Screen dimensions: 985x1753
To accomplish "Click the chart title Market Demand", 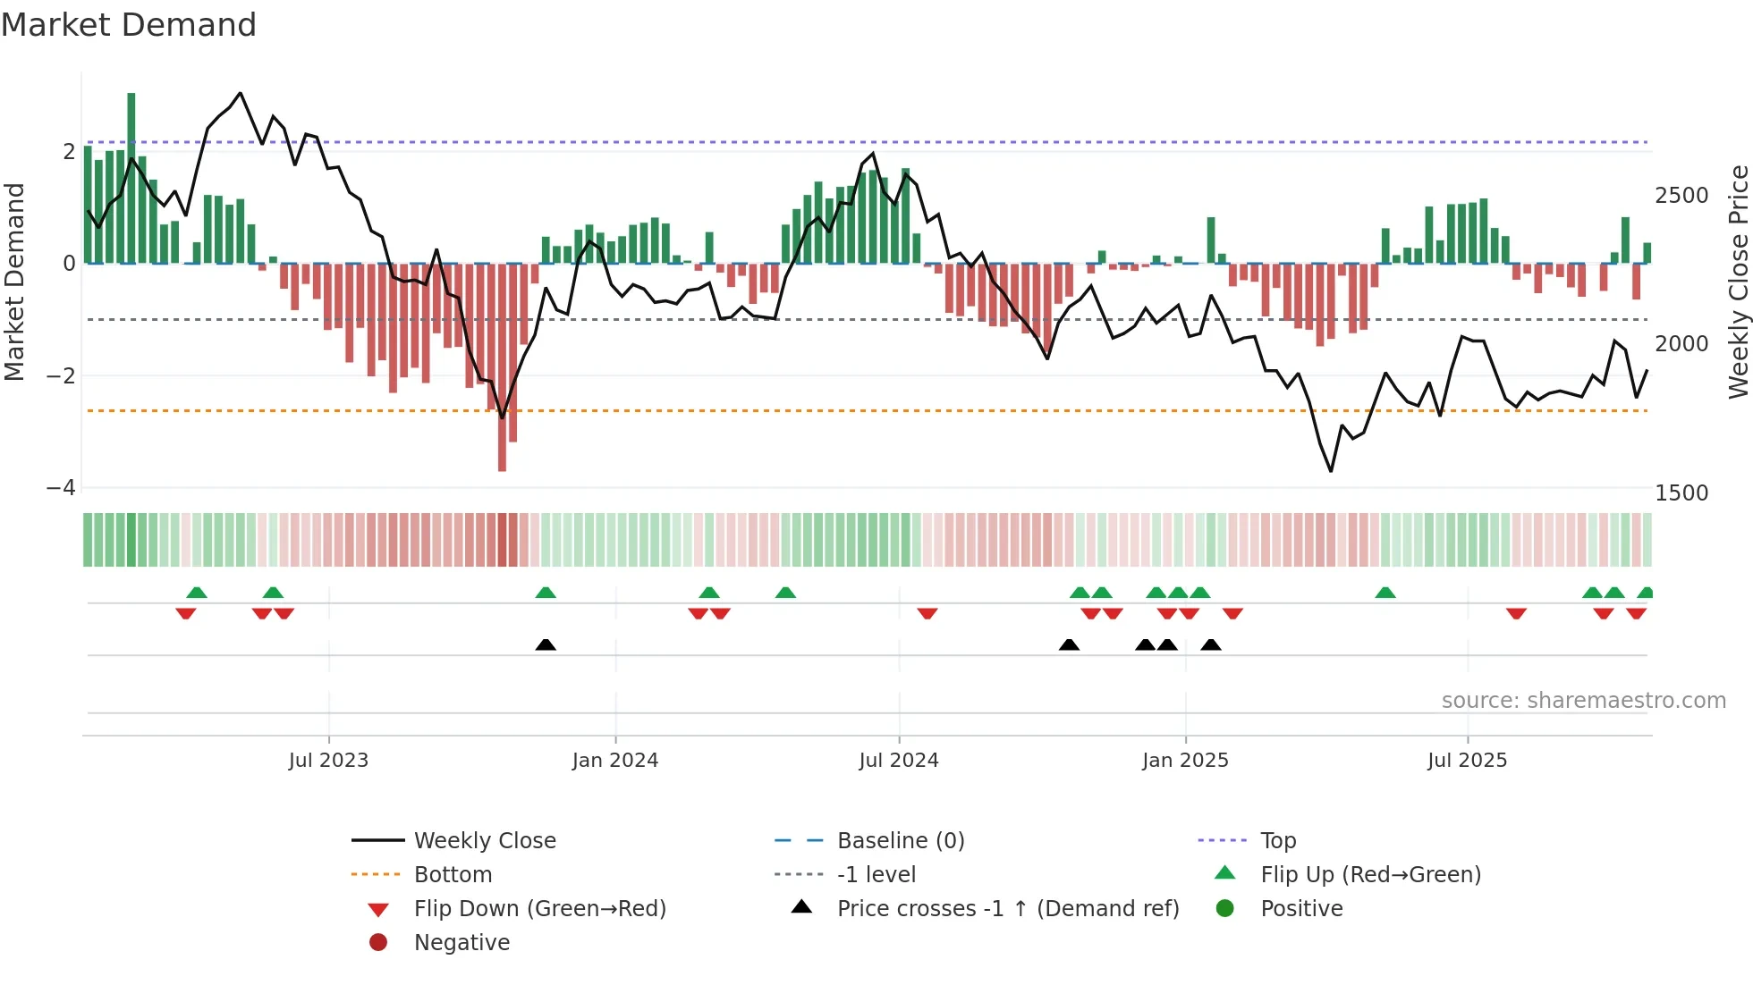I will [x=129, y=25].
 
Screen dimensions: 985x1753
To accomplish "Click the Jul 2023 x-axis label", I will [x=328, y=761].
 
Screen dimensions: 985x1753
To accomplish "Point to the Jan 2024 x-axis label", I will [x=615, y=761].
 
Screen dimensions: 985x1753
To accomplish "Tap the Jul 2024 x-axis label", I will [x=899, y=761].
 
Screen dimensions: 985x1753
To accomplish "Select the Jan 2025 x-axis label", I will [x=1185, y=761].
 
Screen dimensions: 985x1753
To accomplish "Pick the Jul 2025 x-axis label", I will [x=1468, y=761].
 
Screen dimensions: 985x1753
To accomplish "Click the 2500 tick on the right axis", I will [x=1681, y=196].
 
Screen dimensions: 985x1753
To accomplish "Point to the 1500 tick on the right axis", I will [x=1681, y=493].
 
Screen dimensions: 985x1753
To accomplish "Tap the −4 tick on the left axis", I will [x=61, y=488].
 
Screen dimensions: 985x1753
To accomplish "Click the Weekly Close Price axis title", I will [x=1738, y=282].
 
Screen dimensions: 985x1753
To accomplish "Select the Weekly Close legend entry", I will [x=484, y=841].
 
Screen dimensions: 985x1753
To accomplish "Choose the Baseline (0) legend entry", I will [x=900, y=841].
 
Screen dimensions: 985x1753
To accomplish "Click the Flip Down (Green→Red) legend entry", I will [x=539, y=909].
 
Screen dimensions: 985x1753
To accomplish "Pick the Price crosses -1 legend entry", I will [x=1007, y=909].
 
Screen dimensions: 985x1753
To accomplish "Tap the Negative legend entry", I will [x=462, y=943].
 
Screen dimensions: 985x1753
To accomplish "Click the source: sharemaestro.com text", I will [x=1583, y=701].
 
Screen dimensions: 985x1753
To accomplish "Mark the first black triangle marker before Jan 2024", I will [x=546, y=644].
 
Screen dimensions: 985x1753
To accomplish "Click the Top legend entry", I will [x=1277, y=841].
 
